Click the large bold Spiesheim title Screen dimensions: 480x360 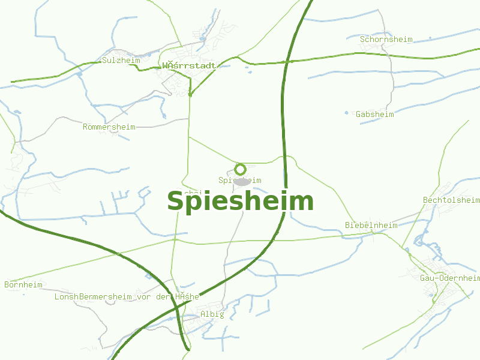point(240,202)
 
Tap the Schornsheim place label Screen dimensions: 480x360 point(386,40)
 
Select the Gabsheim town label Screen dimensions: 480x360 point(374,114)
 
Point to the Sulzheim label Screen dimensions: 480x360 point(121,61)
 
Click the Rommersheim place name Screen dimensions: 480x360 point(109,127)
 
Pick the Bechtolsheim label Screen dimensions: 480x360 point(451,200)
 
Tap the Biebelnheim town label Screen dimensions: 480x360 point(371,225)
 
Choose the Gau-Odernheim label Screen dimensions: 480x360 point(449,278)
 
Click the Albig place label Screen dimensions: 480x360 point(212,314)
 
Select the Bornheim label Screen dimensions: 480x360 point(23,284)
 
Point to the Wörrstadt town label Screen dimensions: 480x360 point(188,65)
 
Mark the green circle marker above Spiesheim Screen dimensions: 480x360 point(241,169)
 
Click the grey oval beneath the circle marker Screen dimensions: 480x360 point(242,181)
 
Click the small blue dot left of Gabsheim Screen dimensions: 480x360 point(346,112)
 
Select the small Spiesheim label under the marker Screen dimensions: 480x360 point(240,180)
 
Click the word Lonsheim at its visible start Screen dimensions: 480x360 point(66,297)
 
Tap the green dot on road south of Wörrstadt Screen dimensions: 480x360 point(190,94)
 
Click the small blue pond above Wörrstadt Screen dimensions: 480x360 point(203,39)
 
